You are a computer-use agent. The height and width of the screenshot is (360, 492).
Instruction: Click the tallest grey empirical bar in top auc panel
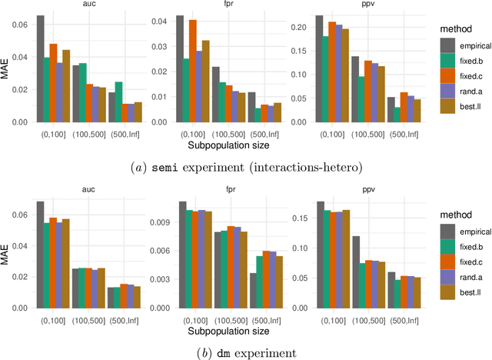coord(40,68)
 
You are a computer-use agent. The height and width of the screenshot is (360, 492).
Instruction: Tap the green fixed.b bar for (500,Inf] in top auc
coord(97,102)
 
